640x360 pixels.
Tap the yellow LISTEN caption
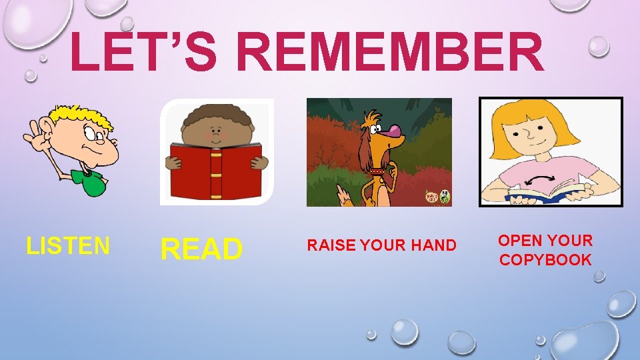(x=68, y=246)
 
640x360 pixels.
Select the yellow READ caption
(x=201, y=249)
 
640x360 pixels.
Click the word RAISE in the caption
(x=331, y=246)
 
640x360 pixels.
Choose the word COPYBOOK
(x=545, y=260)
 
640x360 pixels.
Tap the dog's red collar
(x=377, y=172)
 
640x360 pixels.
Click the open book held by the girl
(x=547, y=193)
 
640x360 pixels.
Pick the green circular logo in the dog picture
(x=444, y=197)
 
